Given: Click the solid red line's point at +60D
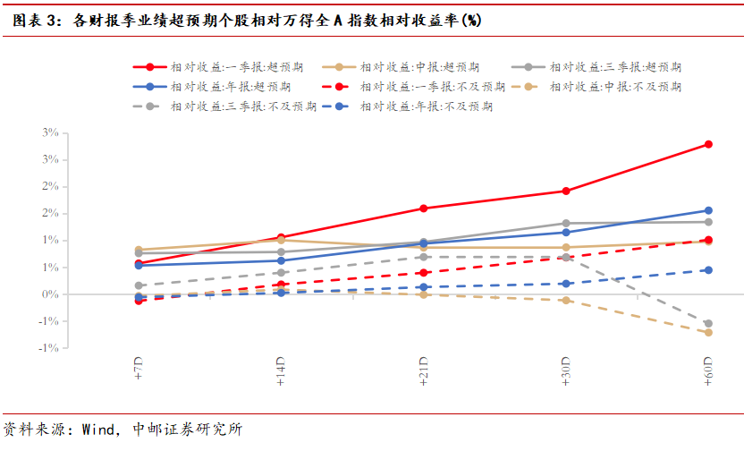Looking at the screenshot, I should pos(708,144).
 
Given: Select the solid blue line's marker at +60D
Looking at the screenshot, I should pos(708,211).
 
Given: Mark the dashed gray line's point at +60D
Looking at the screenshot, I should pos(708,323).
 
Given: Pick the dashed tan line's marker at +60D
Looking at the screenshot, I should pos(708,333).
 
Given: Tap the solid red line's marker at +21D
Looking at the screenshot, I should pos(423,208).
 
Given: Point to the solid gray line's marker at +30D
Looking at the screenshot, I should pos(566,223).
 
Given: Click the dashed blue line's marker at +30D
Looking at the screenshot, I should pos(566,284).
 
